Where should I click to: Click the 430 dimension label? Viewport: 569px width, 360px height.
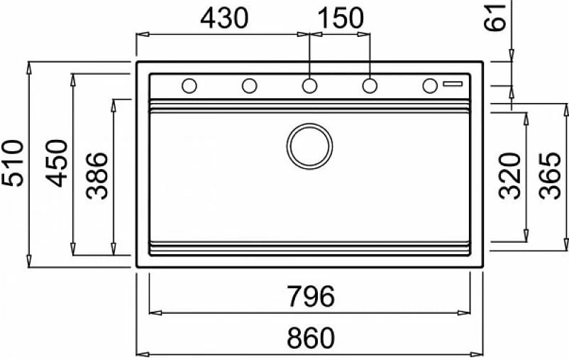click(224, 18)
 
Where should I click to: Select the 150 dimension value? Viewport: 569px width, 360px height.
click(341, 18)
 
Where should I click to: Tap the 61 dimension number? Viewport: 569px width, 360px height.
click(495, 18)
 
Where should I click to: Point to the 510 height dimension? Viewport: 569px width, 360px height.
click(13, 163)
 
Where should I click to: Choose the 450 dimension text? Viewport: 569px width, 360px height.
click(56, 163)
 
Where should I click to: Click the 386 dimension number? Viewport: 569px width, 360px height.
click(97, 176)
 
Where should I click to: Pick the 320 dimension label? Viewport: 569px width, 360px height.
click(509, 176)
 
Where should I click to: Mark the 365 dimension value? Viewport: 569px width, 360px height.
click(549, 176)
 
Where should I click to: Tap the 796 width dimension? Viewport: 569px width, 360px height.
click(311, 296)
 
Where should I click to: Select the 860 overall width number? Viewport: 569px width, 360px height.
click(311, 337)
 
